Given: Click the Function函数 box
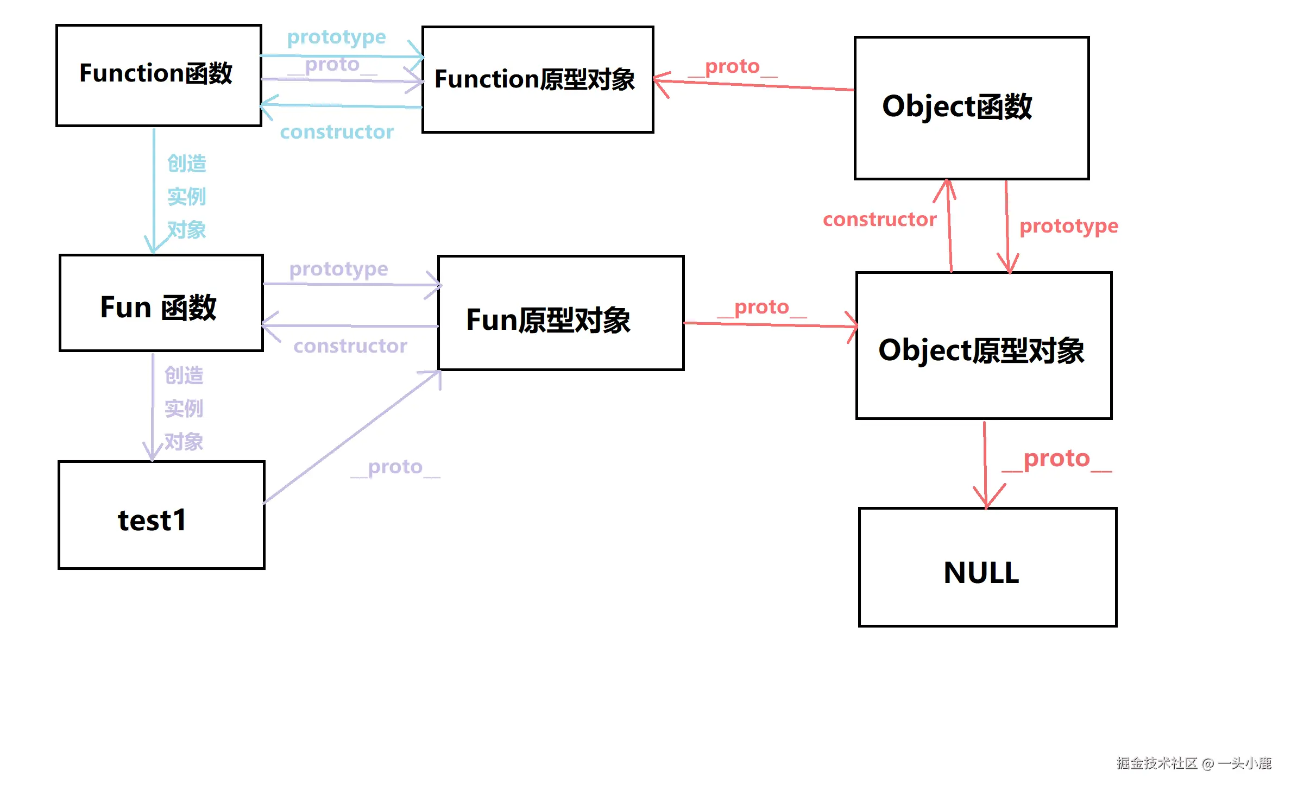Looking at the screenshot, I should pyautogui.click(x=159, y=75).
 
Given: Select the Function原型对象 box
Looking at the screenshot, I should pyautogui.click(x=537, y=79).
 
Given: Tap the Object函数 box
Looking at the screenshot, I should pyautogui.click(x=971, y=108).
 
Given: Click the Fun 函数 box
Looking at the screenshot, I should pyautogui.click(x=161, y=303).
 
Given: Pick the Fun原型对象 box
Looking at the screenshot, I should pyautogui.click(x=560, y=314).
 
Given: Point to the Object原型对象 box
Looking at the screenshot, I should pyautogui.click(x=983, y=346).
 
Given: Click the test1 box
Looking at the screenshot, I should pyautogui.click(x=161, y=515).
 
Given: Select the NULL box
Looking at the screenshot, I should pyautogui.click(x=987, y=567).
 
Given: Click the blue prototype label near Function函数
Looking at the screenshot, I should pyautogui.click(x=336, y=37).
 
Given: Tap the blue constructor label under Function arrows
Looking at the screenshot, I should pyautogui.click(x=336, y=132).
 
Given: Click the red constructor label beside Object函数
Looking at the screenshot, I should pyautogui.click(x=879, y=220).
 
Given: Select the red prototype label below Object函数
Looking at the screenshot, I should pyautogui.click(x=1068, y=225).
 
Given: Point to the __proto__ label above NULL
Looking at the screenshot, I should pyautogui.click(x=1056, y=459).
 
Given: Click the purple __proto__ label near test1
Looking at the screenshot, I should pyautogui.click(x=395, y=467).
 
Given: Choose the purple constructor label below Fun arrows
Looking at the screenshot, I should pyautogui.click(x=350, y=346).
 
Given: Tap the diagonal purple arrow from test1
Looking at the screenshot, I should pyautogui.click(x=353, y=438).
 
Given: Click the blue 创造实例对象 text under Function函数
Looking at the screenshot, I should pyautogui.click(x=186, y=197).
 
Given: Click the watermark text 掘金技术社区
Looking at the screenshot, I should pyautogui.click(x=1157, y=763).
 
